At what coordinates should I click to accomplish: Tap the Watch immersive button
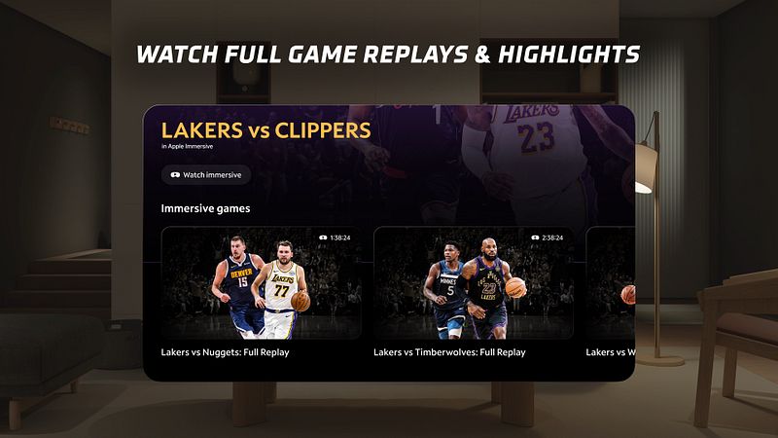206,175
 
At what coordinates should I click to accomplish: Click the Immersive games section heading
205,208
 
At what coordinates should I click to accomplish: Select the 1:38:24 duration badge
335,237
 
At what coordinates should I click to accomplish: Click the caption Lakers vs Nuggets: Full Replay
225,351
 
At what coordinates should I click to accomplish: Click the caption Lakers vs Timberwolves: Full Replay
449,351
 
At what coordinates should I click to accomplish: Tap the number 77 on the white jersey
282,289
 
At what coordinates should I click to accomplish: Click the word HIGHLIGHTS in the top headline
568,54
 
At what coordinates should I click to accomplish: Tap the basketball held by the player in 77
301,302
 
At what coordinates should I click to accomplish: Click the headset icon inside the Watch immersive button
175,175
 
